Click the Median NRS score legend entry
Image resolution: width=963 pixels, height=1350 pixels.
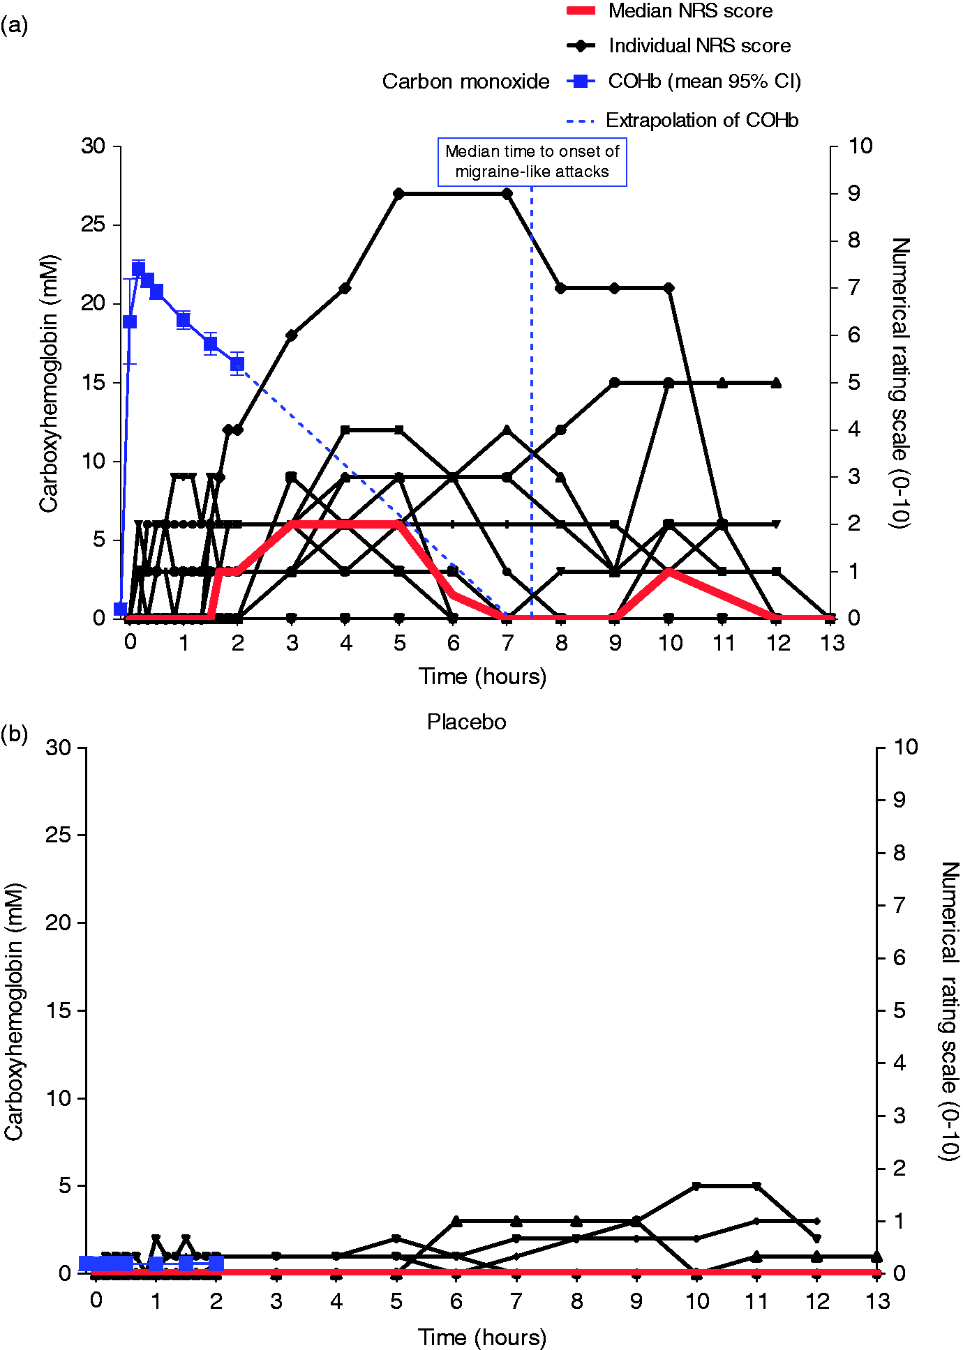670,11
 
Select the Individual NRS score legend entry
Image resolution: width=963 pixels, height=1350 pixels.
679,46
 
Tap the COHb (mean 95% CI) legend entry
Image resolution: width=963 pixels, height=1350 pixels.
684,82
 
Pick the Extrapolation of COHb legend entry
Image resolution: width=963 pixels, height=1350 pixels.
682,121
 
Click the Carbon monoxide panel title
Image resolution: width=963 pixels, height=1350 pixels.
465,82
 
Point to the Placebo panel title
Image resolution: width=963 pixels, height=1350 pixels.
466,722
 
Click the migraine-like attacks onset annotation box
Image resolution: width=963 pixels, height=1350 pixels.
532,162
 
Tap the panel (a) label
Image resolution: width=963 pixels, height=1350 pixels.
14,26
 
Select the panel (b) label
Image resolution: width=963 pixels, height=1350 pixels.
14,734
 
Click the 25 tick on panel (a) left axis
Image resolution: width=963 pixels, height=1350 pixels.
93,225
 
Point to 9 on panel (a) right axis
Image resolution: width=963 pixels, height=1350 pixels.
854,193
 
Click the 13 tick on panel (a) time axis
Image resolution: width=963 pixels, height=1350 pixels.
833,643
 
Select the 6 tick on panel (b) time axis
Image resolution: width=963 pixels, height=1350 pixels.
456,1301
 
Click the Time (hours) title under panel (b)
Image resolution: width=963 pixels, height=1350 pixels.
482,1337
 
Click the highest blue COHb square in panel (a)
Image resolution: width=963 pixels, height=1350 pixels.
138,269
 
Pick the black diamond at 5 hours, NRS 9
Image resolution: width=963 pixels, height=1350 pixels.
398,193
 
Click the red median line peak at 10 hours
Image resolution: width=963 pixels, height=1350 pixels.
669,572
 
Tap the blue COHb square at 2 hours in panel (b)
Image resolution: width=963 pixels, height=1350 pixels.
216,1264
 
